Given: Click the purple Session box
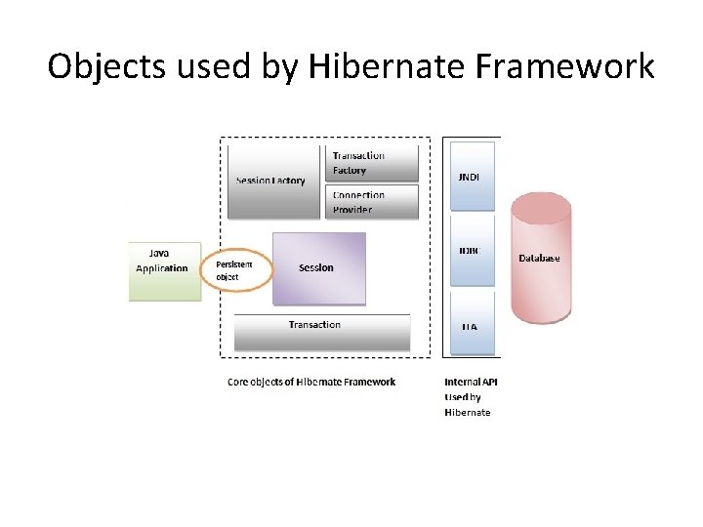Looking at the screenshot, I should tap(319, 268).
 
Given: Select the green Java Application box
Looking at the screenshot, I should tap(164, 270).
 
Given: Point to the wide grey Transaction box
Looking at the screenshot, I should tap(322, 332).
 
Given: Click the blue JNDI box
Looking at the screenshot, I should tap(473, 177).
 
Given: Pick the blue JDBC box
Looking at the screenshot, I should tap(473, 251).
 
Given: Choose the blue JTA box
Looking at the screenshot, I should tap(473, 326).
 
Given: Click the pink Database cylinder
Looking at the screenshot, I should tap(541, 258).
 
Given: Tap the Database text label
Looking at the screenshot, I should tap(540, 258).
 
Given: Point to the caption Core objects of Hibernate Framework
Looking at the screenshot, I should tap(311, 382).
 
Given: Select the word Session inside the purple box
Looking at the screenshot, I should tap(316, 267).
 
